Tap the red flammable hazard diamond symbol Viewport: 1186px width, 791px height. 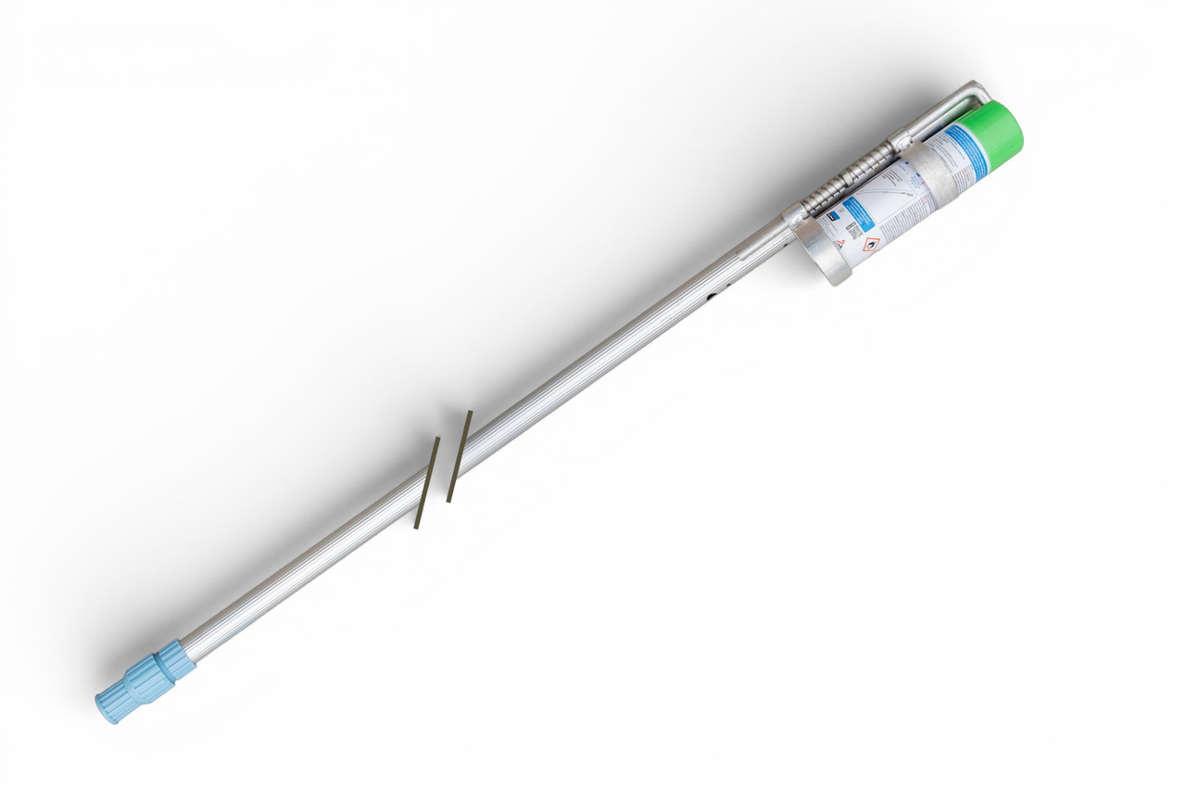(x=870, y=246)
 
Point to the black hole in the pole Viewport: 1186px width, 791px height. (x=712, y=298)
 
